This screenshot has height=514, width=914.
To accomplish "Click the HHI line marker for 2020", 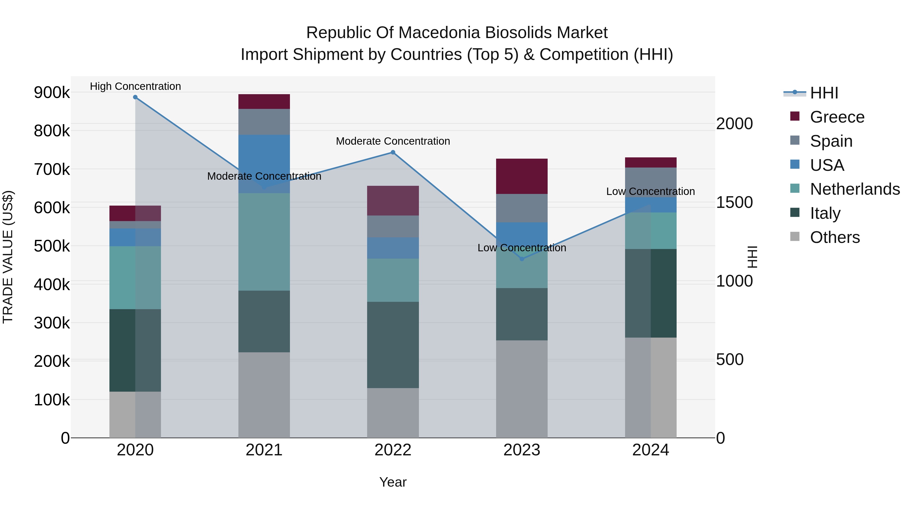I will tap(135, 97).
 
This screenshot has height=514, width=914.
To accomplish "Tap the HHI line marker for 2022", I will tap(393, 153).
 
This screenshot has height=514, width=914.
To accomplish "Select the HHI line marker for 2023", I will tap(521, 259).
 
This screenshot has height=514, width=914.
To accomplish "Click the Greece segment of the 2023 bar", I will tap(521, 176).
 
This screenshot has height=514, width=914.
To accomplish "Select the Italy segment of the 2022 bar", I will tap(393, 345).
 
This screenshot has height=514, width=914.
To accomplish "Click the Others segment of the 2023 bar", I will tap(521, 389).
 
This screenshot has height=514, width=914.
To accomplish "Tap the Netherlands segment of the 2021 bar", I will tap(264, 242).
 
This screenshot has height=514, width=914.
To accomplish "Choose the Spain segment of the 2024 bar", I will tap(650, 182).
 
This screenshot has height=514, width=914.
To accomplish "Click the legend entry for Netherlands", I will tap(854, 189).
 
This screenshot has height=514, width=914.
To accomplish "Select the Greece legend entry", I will tap(837, 117).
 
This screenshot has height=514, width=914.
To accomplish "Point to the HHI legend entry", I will tap(824, 93).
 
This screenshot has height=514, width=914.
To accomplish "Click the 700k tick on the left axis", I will tap(52, 170).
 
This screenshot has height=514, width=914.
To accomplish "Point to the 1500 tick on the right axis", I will tap(734, 203).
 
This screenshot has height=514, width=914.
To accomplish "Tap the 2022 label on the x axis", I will tap(393, 450).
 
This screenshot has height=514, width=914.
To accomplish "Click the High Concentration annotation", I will tap(135, 86).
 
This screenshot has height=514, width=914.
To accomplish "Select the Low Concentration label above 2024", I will tap(650, 192).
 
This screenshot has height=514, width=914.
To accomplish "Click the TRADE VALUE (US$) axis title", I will tap(8, 257).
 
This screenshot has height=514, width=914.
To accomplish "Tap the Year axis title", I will tap(393, 482).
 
